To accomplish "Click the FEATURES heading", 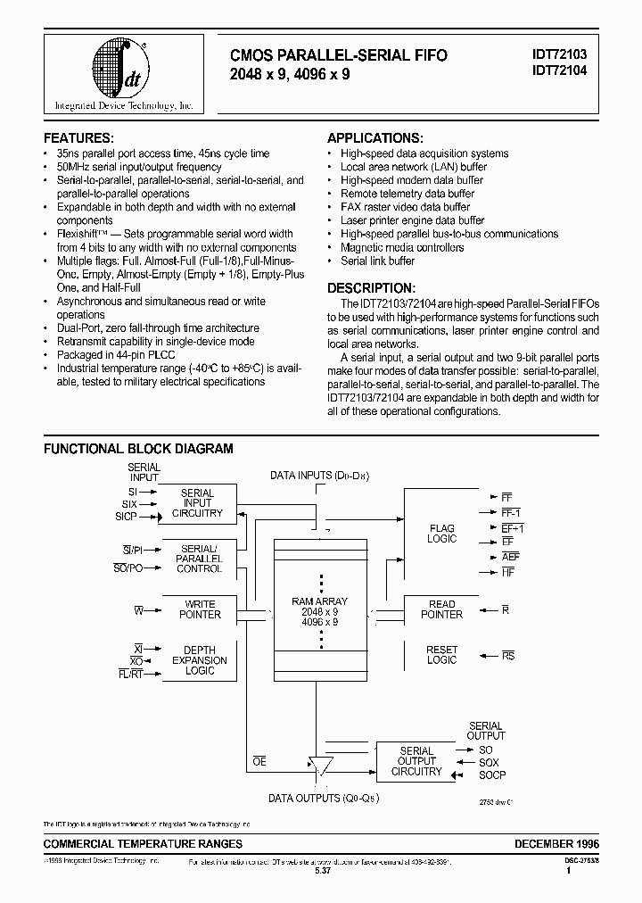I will [x=79, y=138].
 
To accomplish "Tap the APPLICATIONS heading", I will [x=374, y=138].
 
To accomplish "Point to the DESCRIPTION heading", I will [x=371, y=288].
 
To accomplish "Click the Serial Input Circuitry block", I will [x=198, y=503].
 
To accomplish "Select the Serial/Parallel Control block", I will [x=198, y=558].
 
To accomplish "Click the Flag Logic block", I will [x=441, y=534].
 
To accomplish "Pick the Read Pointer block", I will [x=441, y=609].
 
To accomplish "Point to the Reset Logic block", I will [x=441, y=655].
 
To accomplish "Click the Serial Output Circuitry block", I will [x=416, y=761].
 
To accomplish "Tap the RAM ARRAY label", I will [x=319, y=602].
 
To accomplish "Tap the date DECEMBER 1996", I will [x=556, y=843].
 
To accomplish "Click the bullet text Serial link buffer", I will [x=377, y=261].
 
